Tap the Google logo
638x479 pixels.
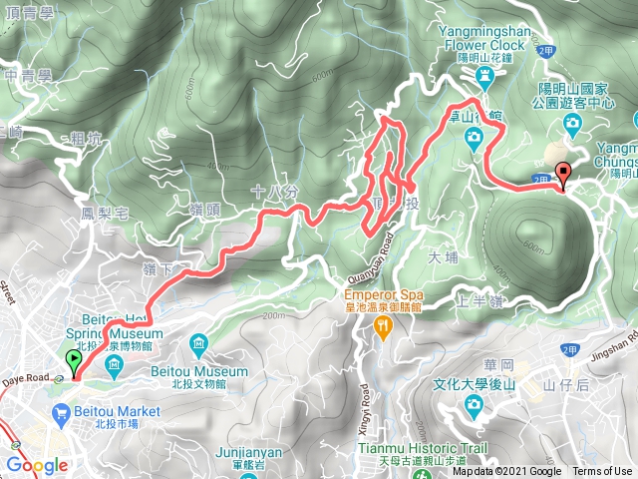point(37,465)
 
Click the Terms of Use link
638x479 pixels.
point(601,472)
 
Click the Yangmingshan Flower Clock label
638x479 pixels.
point(485,37)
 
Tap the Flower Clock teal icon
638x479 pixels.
point(485,76)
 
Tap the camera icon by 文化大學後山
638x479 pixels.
point(472,404)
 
